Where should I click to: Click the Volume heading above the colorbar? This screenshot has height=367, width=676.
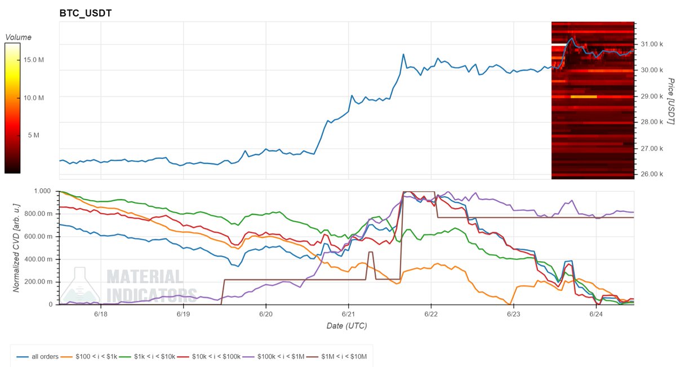(18, 37)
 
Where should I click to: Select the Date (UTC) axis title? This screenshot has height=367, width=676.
(348, 325)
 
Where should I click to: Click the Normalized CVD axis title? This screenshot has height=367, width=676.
(16, 248)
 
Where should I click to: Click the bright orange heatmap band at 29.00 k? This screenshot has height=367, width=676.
(583, 96)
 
